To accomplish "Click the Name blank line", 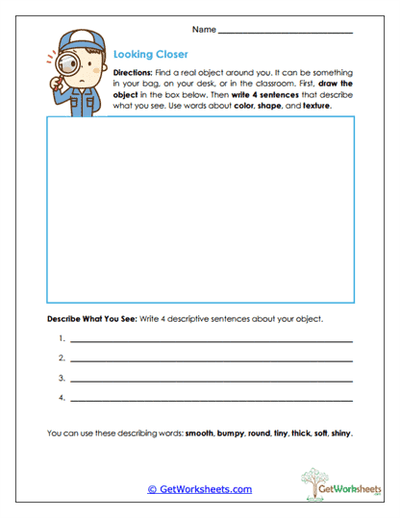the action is [286, 34].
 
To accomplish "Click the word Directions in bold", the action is [132, 73].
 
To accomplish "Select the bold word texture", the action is [314, 106].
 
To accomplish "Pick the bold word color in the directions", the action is [248, 106].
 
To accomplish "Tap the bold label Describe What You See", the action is [92, 318].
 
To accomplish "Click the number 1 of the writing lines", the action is [61, 338].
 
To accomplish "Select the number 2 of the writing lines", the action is [61, 358].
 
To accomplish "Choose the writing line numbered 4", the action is [212, 400].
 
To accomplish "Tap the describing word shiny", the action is [340, 433].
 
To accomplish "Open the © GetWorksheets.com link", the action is [200, 489].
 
